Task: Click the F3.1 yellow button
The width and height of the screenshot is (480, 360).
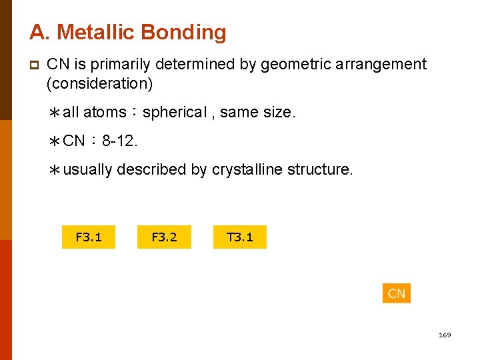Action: click(89, 237)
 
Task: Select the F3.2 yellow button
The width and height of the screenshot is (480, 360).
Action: click(164, 237)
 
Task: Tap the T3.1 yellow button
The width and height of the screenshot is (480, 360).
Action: click(240, 237)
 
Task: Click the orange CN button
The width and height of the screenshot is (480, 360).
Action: click(396, 293)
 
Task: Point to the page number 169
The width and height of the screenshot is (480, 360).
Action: click(445, 335)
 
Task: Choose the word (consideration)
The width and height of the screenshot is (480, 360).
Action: click(99, 84)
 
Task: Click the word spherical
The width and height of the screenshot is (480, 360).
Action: click(174, 113)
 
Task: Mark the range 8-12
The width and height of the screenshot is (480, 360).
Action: click(121, 141)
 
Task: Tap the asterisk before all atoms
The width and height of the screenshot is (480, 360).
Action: click(55, 113)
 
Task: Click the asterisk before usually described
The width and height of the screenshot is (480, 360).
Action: click(55, 171)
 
